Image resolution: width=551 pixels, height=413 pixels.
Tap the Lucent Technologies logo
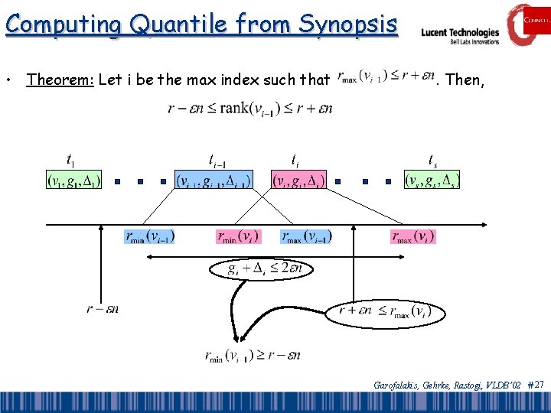460,34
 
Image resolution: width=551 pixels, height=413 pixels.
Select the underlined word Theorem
60,80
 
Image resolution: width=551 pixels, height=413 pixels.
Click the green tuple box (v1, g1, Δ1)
73,180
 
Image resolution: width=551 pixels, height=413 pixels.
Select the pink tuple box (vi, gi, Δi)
299,180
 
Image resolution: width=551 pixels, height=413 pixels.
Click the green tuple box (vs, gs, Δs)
432,180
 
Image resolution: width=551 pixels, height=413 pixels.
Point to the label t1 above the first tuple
70,161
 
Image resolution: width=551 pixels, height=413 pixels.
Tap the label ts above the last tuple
433,161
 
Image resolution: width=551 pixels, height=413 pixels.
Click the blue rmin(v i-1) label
149,236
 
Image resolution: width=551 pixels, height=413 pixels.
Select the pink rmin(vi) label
239,236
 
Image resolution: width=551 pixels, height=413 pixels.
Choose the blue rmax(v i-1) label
307,236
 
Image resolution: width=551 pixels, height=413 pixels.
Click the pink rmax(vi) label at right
413,236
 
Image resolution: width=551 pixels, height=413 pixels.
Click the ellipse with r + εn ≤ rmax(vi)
385,310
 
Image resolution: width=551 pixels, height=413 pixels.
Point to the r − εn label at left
103,309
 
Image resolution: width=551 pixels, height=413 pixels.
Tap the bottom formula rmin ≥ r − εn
252,356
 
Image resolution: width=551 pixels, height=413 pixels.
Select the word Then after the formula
464,80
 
